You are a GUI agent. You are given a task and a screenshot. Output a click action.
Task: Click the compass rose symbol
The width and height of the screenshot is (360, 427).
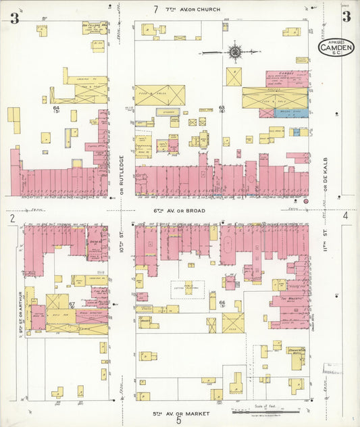(x=236, y=51)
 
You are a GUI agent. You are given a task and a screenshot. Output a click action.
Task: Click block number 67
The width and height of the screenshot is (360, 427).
(x=72, y=304)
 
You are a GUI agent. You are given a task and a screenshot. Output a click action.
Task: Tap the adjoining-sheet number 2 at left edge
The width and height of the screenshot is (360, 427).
(x=12, y=218)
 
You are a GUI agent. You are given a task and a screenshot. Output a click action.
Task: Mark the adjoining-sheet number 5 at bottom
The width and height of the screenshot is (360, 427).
(x=179, y=420)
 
